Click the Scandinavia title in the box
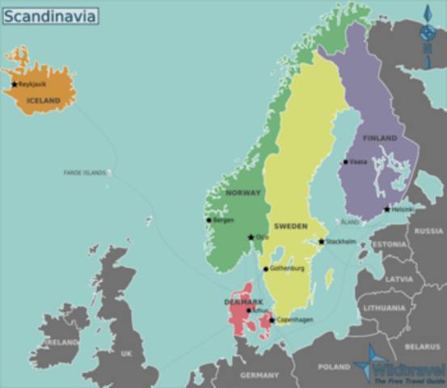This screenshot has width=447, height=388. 49,15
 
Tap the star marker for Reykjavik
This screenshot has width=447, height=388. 15,84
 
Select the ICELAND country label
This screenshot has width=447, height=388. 44,100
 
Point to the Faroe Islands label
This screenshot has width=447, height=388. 85,172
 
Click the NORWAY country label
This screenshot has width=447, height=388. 243,193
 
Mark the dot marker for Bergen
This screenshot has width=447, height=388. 209,220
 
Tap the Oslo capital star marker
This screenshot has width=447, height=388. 251,238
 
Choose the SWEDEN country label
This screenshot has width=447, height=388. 290,226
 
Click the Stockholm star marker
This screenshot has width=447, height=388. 321,242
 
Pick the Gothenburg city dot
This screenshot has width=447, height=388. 265,269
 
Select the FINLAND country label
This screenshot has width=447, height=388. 380,138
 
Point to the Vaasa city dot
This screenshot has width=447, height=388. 345,162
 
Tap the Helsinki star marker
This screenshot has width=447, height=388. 387,209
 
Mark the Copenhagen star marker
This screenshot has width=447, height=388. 272,320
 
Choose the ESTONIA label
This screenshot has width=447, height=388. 390,244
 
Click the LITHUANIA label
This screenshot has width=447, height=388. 384,308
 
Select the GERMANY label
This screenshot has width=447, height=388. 259,375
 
